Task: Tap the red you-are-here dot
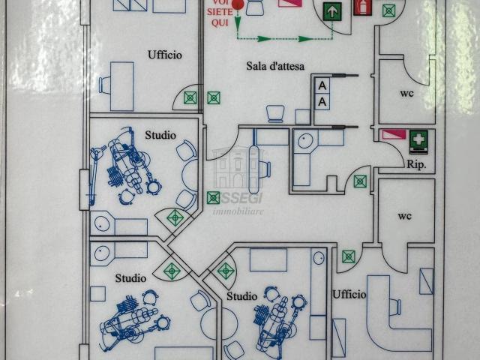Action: click(238, 4)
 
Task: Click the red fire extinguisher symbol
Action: click(363, 7)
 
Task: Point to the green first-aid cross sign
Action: click(418, 139)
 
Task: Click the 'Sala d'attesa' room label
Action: click(275, 66)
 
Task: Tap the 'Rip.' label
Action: click(416, 163)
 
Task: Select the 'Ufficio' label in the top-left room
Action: click(165, 55)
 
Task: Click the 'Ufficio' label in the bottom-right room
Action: click(349, 295)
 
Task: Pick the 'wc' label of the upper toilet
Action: click(407, 93)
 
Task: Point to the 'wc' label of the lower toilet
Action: click(405, 216)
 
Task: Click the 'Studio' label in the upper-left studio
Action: click(160, 135)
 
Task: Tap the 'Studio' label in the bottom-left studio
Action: click(130, 278)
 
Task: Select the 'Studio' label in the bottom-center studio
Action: click(241, 296)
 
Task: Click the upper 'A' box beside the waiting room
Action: click(322, 85)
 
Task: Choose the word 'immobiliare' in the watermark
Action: click(239, 212)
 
